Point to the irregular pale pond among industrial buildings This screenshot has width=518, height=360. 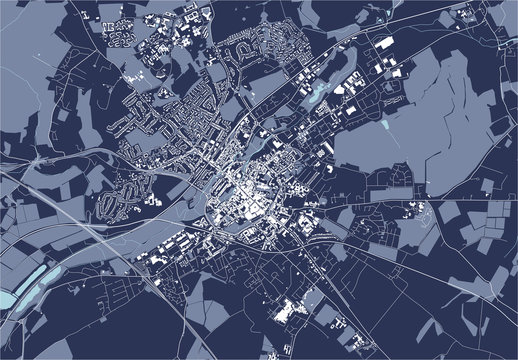point(318,93)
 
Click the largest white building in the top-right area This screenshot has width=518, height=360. point(385,44)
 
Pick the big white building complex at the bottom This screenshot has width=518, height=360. point(292,312)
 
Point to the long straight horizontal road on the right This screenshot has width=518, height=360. point(440,186)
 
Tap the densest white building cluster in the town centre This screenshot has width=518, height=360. point(245,195)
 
